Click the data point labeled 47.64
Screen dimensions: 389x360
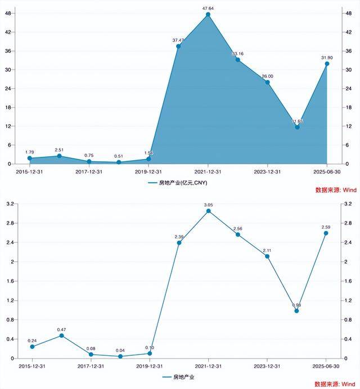point(208,15)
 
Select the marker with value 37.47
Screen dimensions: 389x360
point(178,46)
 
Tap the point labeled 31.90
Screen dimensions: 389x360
point(327,64)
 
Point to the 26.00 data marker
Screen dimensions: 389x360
point(267,82)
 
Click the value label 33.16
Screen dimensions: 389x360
point(238,53)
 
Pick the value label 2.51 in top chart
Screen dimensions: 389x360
point(59,150)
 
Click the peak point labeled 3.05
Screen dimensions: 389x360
point(208,211)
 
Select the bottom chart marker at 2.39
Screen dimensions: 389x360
point(178,243)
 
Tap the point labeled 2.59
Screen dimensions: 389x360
point(327,233)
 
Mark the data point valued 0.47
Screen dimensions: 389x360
point(61,336)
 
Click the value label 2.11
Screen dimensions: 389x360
point(267,250)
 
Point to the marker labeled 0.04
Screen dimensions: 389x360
point(120,356)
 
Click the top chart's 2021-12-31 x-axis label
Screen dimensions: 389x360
point(208,171)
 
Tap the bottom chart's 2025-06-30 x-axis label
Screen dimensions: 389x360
point(327,365)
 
